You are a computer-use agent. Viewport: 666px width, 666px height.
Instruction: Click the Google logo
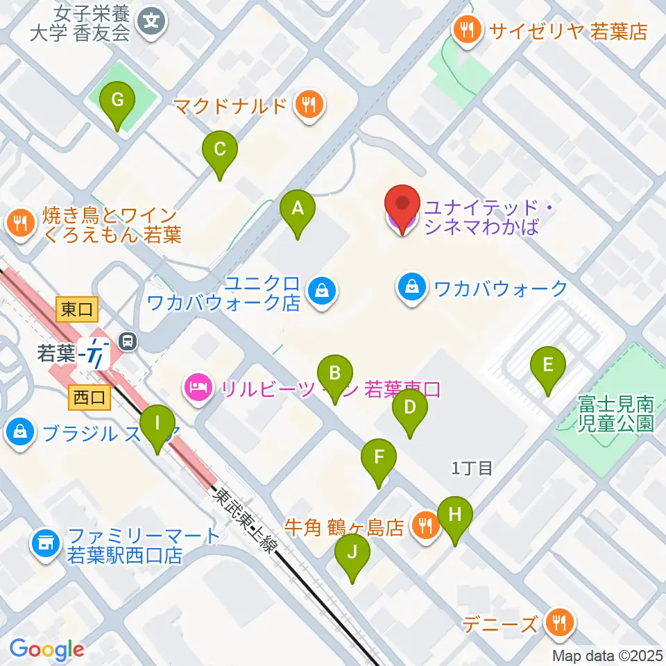(46, 649)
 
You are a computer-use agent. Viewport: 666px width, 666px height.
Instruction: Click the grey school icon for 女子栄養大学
(152, 22)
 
